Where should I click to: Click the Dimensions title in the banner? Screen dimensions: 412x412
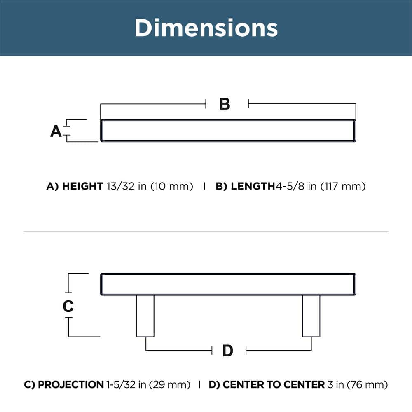pyautogui.click(x=206, y=28)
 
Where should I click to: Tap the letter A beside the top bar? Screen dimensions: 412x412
pyautogui.click(x=56, y=131)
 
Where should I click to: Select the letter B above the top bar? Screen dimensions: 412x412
pyautogui.click(x=225, y=104)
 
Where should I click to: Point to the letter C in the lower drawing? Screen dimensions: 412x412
pyautogui.click(x=68, y=306)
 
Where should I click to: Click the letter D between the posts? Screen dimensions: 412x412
pyautogui.click(x=228, y=351)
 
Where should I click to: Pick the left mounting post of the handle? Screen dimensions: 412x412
pyautogui.click(x=145, y=316)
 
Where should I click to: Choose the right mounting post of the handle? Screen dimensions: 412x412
pyautogui.click(x=311, y=316)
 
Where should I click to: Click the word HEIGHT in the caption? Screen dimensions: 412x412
pyautogui.click(x=82, y=186)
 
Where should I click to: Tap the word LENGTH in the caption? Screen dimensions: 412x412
pyautogui.click(x=253, y=186)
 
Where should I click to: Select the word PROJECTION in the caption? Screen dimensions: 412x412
pyautogui.click(x=70, y=385)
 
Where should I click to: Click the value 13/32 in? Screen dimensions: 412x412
pyautogui.click(x=126, y=186)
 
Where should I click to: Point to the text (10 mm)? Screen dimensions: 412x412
pyautogui.click(x=172, y=186)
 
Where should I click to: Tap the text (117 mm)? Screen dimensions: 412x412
pyautogui.click(x=343, y=186)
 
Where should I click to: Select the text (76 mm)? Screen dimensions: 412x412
pyautogui.click(x=368, y=385)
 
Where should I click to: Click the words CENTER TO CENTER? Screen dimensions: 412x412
pyautogui.click(x=273, y=385)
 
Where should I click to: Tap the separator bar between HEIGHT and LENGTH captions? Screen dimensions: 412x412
pyautogui.click(x=204, y=186)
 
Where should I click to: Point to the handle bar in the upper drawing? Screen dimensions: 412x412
pyautogui.click(x=228, y=131)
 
